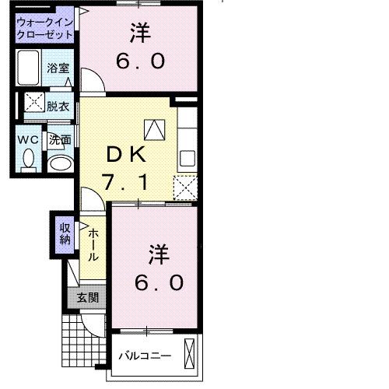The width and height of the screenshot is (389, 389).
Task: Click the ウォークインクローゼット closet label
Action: click(46, 29)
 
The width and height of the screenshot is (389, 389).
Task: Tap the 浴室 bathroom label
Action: click(57, 68)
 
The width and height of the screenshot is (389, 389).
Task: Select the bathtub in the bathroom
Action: click(30, 68)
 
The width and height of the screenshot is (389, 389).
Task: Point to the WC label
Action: click(29, 140)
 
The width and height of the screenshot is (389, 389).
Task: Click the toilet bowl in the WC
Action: click(30, 159)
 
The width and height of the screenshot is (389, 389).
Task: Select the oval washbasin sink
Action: click(59, 164)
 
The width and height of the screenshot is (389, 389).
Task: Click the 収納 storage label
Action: click(65, 233)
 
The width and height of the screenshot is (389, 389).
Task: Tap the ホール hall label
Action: click(93, 244)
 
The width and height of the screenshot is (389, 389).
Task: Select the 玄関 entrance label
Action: click(87, 296)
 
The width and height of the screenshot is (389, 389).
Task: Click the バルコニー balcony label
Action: click(145, 356)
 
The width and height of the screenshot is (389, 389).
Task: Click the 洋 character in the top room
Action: click(140, 33)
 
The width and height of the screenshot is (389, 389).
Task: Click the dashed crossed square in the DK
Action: click(184, 187)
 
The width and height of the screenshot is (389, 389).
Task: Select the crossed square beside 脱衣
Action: click(34, 102)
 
